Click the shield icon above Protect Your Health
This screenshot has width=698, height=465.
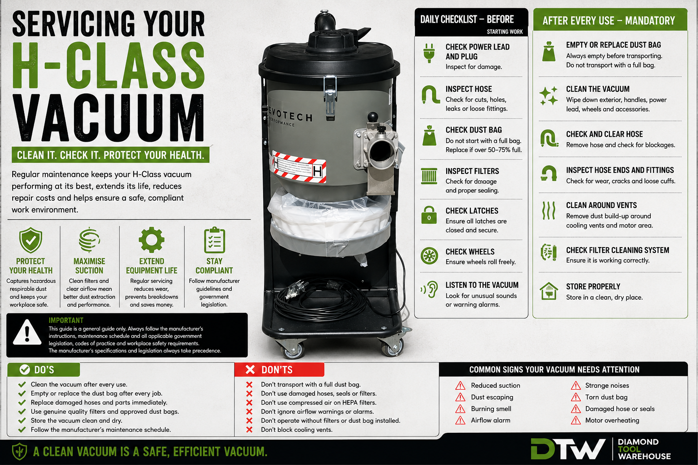pyautogui.click(x=30, y=240)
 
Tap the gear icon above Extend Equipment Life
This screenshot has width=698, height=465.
pyautogui.click(x=151, y=239)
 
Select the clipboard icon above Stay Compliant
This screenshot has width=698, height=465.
pyautogui.click(x=214, y=240)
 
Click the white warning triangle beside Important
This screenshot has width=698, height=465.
pyautogui.click(x=27, y=332)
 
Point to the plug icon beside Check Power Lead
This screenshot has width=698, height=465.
pyautogui.click(x=429, y=53)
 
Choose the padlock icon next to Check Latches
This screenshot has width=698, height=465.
pyautogui.click(x=429, y=215)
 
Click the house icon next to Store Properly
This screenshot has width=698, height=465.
pyautogui.click(x=549, y=291)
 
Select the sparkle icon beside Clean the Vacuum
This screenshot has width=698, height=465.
pyautogui.click(x=548, y=96)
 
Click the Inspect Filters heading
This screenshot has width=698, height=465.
pyautogui.click(x=472, y=171)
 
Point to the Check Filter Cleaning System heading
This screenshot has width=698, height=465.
pyautogui.click(x=618, y=250)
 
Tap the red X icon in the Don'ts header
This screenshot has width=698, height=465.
pyautogui.click(x=250, y=370)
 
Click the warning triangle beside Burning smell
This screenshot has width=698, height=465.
pyautogui.click(x=460, y=409)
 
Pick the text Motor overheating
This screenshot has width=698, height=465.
pyautogui.click(x=612, y=420)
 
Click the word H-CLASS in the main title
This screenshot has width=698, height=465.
pyautogui.click(x=109, y=65)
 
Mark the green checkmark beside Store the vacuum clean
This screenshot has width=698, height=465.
pyautogui.click(x=22, y=421)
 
